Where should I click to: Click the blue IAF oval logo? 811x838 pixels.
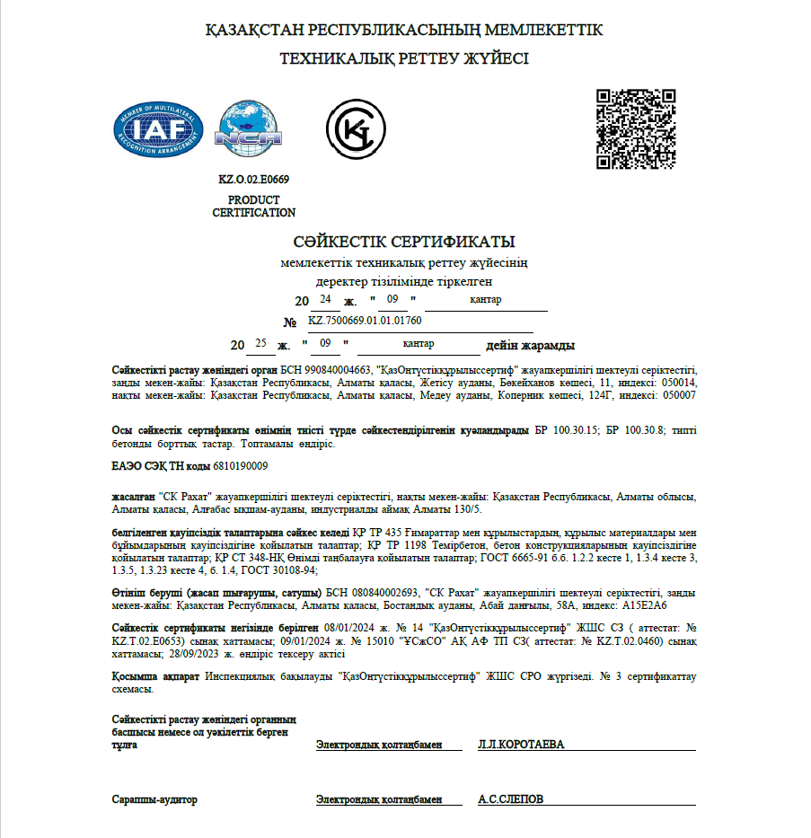[x=158, y=129]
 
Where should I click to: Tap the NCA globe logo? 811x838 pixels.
[x=248, y=129]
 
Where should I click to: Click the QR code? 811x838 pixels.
[x=637, y=128]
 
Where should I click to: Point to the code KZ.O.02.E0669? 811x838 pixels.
[x=253, y=180]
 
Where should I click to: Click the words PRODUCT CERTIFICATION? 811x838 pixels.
[x=253, y=207]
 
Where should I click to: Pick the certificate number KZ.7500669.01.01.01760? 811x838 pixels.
[x=365, y=320]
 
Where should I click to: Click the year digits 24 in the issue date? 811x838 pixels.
[x=325, y=298]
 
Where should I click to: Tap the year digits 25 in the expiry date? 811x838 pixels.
[x=261, y=343]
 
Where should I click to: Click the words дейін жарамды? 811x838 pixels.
[x=530, y=346]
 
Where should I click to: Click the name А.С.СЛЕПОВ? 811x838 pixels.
[x=510, y=798]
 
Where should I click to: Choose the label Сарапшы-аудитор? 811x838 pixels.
[x=154, y=798]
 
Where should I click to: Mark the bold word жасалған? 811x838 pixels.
[x=133, y=497]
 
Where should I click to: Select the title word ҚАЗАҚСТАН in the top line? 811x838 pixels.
[x=254, y=31]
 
